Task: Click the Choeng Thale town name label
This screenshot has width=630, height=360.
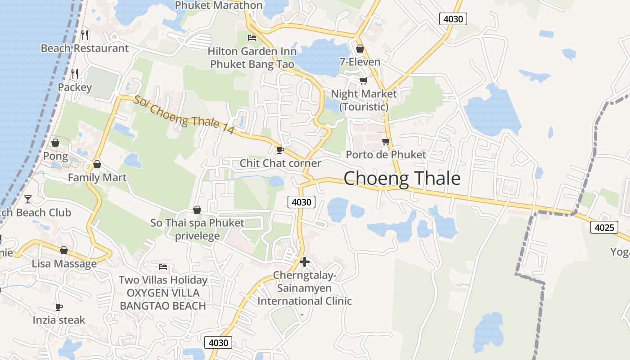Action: [x=402, y=179]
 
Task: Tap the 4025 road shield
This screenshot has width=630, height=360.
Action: [x=604, y=227]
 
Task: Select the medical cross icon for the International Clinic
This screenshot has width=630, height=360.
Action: [x=305, y=261]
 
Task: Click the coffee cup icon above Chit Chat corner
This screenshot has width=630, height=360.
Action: [x=280, y=149]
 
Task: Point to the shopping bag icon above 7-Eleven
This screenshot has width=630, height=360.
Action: [x=360, y=48]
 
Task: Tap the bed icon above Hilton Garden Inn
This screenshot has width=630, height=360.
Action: [x=252, y=37]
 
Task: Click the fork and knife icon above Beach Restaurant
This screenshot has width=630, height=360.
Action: [x=85, y=35]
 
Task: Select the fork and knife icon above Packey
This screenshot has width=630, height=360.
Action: [x=75, y=73]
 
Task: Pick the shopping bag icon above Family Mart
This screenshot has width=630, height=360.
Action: [x=97, y=164]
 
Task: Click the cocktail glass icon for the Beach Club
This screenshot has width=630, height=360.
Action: [x=28, y=198]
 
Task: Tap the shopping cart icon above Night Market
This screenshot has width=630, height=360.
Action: [x=363, y=81]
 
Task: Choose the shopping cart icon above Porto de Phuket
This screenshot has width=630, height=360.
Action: [x=386, y=141]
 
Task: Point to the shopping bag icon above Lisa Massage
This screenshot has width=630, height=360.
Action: [x=64, y=250]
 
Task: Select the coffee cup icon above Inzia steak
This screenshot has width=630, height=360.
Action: [x=58, y=307]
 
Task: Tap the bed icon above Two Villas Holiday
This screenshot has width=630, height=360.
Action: [x=163, y=267]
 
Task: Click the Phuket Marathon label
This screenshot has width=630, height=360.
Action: [x=219, y=5]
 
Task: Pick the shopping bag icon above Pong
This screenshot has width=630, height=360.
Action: [x=55, y=143]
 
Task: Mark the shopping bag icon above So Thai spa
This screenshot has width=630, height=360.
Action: [x=197, y=210]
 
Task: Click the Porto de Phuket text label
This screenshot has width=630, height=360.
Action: [x=386, y=155]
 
